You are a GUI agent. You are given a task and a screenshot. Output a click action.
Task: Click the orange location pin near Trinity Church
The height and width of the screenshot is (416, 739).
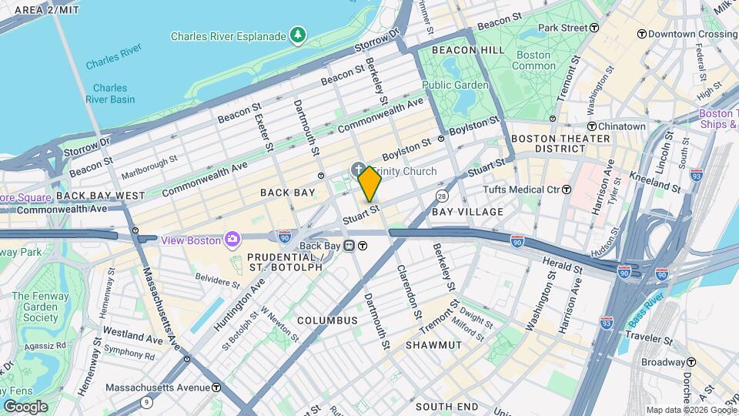coord(369,183)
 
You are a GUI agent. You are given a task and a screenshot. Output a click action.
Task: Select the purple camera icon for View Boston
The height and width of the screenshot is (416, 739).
coord(232,240)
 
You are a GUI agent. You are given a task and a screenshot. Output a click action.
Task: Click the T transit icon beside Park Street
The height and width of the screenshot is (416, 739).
coord(594,28)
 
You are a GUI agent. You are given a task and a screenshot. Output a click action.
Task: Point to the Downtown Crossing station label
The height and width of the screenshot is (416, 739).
coord(692,34)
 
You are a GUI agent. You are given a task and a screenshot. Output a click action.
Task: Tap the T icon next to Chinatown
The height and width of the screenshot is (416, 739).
coord(592,126)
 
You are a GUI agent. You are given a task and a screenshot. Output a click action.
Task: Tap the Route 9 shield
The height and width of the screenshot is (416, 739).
coord(146,402)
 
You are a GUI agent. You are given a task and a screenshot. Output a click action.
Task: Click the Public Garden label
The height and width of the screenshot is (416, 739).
coord(455,85)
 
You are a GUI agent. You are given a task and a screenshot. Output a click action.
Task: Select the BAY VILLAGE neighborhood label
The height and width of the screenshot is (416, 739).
coord(467,211)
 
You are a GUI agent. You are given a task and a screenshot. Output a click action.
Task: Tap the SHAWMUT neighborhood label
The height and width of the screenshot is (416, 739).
coord(434,345)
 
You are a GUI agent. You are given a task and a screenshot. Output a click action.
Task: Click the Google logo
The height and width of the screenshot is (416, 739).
coord(25,406)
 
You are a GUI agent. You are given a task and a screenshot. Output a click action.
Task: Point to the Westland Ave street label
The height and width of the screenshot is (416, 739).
coord(132,337)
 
